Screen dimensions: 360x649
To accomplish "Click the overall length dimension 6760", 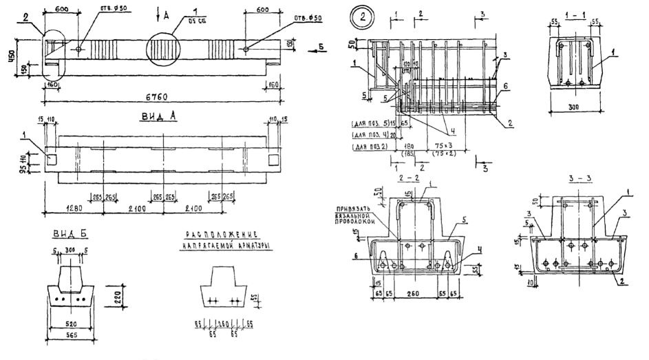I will pyautogui.click(x=159, y=97).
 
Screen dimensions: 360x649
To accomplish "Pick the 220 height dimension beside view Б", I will pyautogui.click(x=118, y=298).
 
